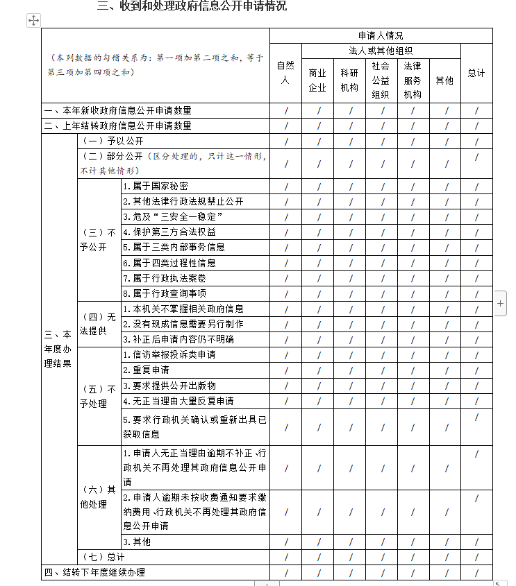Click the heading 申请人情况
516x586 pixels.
tap(381, 35)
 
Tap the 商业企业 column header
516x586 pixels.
tap(317, 80)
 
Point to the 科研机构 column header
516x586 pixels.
tap(349, 80)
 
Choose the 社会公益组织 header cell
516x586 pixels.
tap(381, 80)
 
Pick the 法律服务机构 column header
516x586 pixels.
tap(413, 80)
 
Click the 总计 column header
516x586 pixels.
tap(476, 74)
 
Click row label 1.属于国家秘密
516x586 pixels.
tap(156, 186)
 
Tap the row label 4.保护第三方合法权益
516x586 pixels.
tap(169, 232)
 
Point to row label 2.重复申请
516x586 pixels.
tap(146, 370)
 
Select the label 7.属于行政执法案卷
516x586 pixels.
tap(165, 277)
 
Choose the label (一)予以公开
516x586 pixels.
tap(105, 141)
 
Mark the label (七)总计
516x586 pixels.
tap(103, 557)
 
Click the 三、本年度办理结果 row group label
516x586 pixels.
tap(58, 349)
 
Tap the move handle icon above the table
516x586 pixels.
tap(33, 20)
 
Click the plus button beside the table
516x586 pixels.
tap(501, 304)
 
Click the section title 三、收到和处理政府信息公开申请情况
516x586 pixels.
tap(192, 6)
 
